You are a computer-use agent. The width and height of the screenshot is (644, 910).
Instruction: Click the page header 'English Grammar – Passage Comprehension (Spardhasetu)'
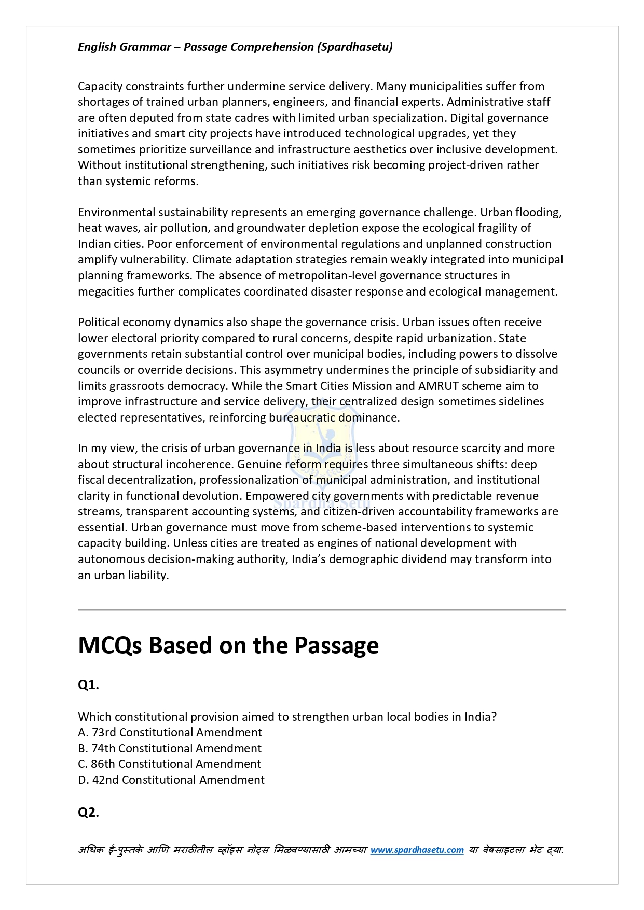235,47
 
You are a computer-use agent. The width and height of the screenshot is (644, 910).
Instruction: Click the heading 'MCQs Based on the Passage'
228,646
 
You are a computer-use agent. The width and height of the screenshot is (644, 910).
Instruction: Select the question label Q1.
88,685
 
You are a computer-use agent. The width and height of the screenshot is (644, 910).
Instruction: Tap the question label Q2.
88,812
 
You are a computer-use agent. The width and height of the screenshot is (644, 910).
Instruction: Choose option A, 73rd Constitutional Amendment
170,732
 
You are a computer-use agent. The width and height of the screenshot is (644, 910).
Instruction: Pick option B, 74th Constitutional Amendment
170,748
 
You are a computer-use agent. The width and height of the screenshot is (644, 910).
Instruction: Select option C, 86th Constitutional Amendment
169,764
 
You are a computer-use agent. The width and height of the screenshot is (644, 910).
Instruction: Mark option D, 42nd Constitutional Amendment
171,780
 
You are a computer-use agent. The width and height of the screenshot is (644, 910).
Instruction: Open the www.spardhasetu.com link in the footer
417,850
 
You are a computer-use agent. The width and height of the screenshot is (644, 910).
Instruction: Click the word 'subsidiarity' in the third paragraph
505,370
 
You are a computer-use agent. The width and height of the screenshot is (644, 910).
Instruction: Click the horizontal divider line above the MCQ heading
322,610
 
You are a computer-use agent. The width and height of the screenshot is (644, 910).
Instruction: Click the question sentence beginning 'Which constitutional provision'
287,717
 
